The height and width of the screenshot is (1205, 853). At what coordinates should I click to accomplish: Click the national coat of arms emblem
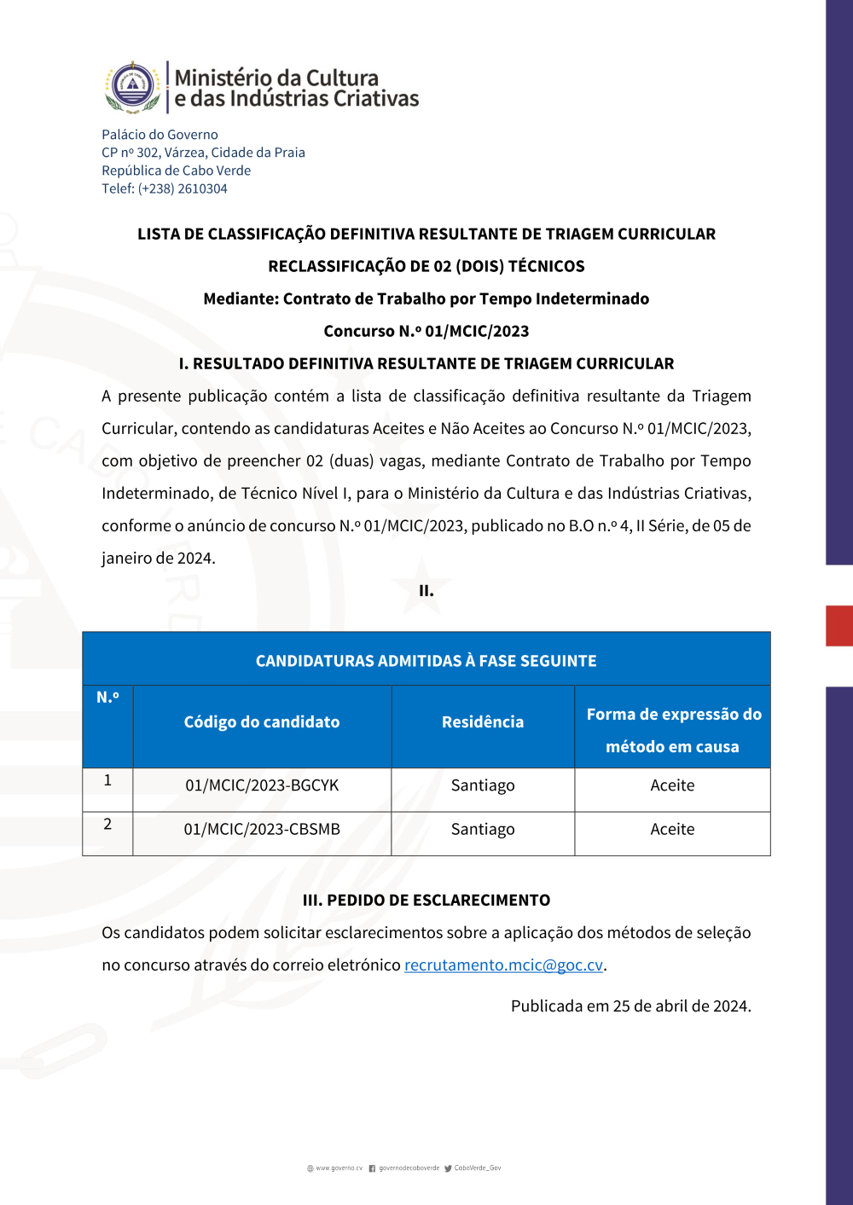pos(133,87)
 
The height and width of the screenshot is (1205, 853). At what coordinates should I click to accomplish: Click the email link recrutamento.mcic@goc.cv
pos(503,965)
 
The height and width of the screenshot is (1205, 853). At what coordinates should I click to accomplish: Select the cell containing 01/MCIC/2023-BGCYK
pos(262,785)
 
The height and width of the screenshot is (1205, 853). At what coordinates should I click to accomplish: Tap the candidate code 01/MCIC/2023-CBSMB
pos(262,829)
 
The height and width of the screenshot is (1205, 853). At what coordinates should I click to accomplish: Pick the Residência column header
pos(483,722)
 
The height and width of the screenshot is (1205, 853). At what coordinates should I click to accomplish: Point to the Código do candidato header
pos(262,722)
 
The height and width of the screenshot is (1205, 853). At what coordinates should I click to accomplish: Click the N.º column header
pos(107,698)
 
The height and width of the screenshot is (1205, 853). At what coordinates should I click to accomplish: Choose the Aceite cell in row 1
pos(672,785)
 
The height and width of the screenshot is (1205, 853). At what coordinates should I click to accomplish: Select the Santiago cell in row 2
pos(483,829)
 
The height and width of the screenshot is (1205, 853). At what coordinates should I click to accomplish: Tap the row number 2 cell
pos(107,825)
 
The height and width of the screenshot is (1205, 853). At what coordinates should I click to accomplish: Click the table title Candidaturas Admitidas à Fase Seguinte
pos(426,661)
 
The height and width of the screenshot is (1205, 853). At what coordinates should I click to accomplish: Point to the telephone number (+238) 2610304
pos(183,188)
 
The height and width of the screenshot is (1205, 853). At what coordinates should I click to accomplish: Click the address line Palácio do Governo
pos(160,135)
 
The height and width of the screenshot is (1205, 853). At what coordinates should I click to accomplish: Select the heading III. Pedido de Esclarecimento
pos(426,901)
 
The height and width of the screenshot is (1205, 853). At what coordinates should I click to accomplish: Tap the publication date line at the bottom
pos(630,1006)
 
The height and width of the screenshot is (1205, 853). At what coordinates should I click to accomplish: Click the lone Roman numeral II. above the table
pos(426,591)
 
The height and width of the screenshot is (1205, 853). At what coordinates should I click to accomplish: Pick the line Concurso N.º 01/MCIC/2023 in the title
pos(426,331)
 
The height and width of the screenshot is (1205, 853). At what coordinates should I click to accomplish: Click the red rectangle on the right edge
pos(839,626)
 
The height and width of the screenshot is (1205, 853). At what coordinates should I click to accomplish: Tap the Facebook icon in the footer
pos(372,1168)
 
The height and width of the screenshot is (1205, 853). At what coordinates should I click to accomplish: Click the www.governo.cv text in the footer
pos(339,1168)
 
